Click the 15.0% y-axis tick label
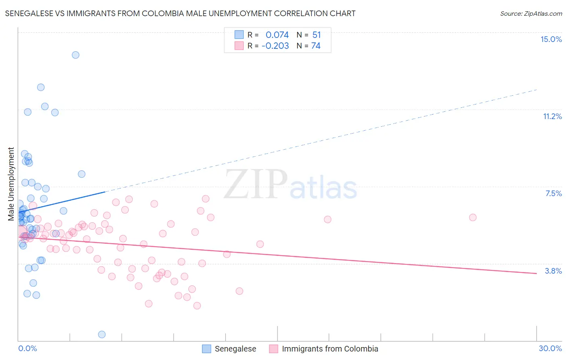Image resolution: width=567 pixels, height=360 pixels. click(x=551, y=39)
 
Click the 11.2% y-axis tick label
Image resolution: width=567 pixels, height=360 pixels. click(x=552, y=116)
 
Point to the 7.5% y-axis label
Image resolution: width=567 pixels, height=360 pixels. click(x=553, y=193)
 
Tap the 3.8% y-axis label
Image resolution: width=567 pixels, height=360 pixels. click(x=553, y=271)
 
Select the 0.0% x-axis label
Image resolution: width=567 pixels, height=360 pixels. click(x=27, y=348)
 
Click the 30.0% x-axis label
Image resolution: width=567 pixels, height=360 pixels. click(x=550, y=348)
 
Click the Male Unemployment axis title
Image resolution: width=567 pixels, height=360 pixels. click(x=11, y=184)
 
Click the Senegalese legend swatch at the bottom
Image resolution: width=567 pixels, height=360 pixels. click(x=206, y=349)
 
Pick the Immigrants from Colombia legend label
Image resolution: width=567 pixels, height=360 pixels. click(x=330, y=349)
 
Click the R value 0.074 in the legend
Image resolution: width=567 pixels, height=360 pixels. click(x=277, y=35)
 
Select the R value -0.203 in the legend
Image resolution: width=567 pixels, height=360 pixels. click(x=275, y=46)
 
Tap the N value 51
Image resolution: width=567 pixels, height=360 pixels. click(x=316, y=35)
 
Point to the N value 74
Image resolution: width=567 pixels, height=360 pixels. click(x=316, y=46)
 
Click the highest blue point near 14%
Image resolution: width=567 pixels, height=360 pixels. click(x=75, y=55)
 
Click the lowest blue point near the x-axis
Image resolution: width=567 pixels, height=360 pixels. click(x=102, y=335)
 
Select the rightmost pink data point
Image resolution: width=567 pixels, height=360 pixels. click(x=473, y=218)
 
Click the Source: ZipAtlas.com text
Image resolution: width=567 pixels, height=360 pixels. click(x=531, y=14)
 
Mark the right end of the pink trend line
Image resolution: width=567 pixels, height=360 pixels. click(x=536, y=274)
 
